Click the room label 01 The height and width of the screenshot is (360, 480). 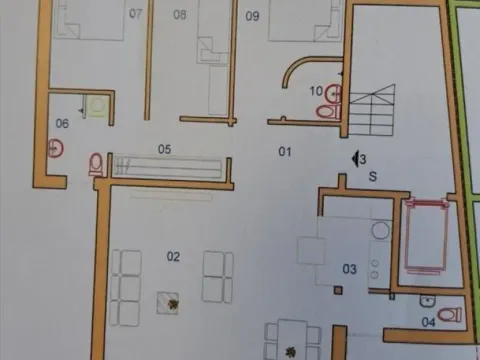[x=283, y=151]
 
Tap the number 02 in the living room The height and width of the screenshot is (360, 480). [x=173, y=257]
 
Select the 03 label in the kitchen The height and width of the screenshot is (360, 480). [x=349, y=268]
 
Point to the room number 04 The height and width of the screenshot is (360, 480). [x=428, y=322]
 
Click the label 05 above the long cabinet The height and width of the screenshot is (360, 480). [x=164, y=149]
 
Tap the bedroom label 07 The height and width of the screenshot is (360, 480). [x=136, y=14]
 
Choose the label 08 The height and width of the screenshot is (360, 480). [x=180, y=14]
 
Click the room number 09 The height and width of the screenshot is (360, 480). [x=252, y=15]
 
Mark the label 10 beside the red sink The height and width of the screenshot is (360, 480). [x=316, y=91]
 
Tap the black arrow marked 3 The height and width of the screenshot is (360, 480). [x=357, y=158]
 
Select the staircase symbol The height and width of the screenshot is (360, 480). [x=372, y=108]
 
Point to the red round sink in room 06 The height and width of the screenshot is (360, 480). [x=57, y=149]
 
